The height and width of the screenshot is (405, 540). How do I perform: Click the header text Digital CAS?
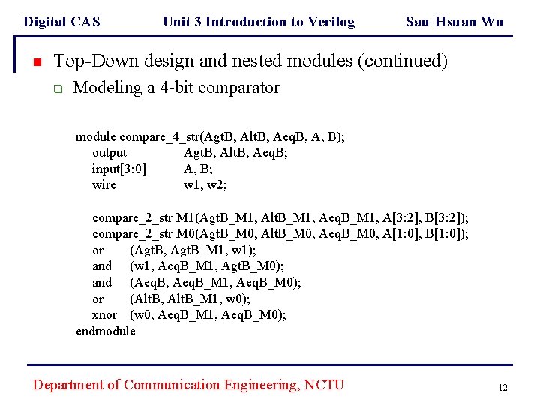click(61, 22)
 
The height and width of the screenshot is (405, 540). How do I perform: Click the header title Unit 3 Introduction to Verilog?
click(259, 22)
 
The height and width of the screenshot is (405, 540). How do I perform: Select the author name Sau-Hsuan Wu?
click(454, 22)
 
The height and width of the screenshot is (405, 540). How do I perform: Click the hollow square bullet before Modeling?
click(56, 88)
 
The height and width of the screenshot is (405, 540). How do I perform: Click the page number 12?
click(502, 388)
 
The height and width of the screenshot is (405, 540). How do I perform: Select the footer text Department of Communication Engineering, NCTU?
click(188, 385)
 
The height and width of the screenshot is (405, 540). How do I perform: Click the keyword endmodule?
click(106, 331)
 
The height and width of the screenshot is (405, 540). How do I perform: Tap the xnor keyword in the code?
click(105, 314)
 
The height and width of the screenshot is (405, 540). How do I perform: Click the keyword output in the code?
click(109, 153)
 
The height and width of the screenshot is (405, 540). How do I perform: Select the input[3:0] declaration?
click(118, 169)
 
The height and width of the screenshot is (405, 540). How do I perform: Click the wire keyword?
click(104, 184)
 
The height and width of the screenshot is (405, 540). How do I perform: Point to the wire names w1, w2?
click(205, 184)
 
